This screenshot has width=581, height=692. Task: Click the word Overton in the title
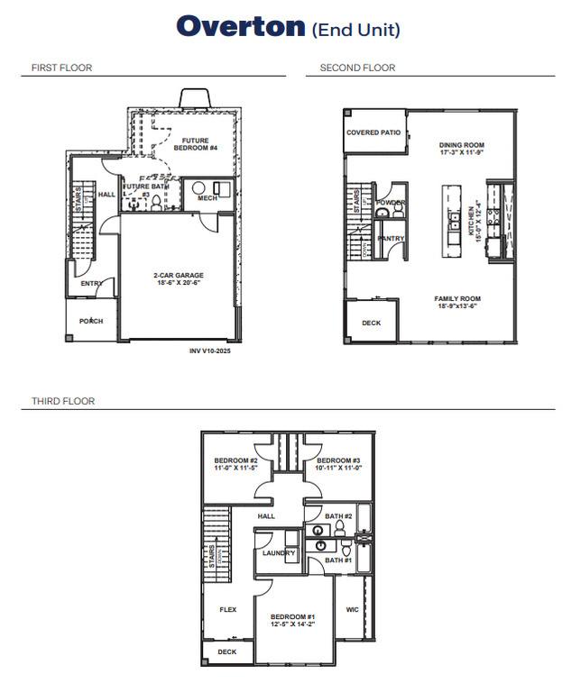241,26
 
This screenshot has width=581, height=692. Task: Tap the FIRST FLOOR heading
61,68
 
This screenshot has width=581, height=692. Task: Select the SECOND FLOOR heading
357,68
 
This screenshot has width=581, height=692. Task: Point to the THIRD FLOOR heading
62,401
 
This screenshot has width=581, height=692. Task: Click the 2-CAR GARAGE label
178,275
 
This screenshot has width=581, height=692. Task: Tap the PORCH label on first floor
91,321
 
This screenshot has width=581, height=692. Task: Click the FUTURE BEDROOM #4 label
195,144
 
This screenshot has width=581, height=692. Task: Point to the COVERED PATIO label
373,132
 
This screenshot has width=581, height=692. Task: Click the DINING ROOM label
462,145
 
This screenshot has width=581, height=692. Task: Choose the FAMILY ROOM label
457,298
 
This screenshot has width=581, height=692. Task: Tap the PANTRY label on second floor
391,238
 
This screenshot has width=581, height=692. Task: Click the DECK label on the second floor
371,322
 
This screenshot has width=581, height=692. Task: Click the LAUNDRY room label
279,552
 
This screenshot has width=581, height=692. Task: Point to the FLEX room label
228,609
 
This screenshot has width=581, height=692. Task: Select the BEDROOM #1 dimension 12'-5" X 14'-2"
293,624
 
